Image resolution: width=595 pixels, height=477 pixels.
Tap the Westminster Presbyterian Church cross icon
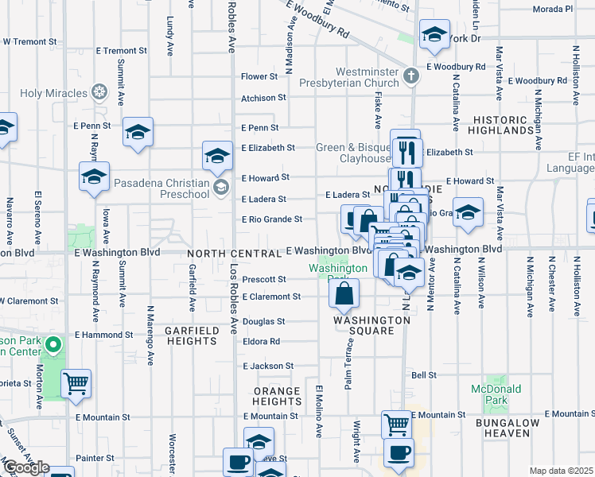click(411, 76)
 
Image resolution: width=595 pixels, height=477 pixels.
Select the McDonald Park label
click(496, 394)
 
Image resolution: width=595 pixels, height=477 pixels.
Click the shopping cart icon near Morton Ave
click(76, 384)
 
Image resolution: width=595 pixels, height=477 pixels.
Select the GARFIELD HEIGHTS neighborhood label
click(191, 335)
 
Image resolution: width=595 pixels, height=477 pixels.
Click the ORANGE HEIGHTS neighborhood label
click(277, 397)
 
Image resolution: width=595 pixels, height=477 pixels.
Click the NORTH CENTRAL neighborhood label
click(235, 253)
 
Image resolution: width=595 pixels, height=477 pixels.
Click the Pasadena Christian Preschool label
click(161, 189)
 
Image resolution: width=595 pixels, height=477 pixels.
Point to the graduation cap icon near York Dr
click(434, 35)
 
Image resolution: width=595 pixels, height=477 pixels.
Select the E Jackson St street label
click(267, 366)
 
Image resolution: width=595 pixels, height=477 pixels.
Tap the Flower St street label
click(259, 77)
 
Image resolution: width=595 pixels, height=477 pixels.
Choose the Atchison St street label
click(263, 98)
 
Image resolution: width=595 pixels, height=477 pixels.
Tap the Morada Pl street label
click(553, 10)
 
